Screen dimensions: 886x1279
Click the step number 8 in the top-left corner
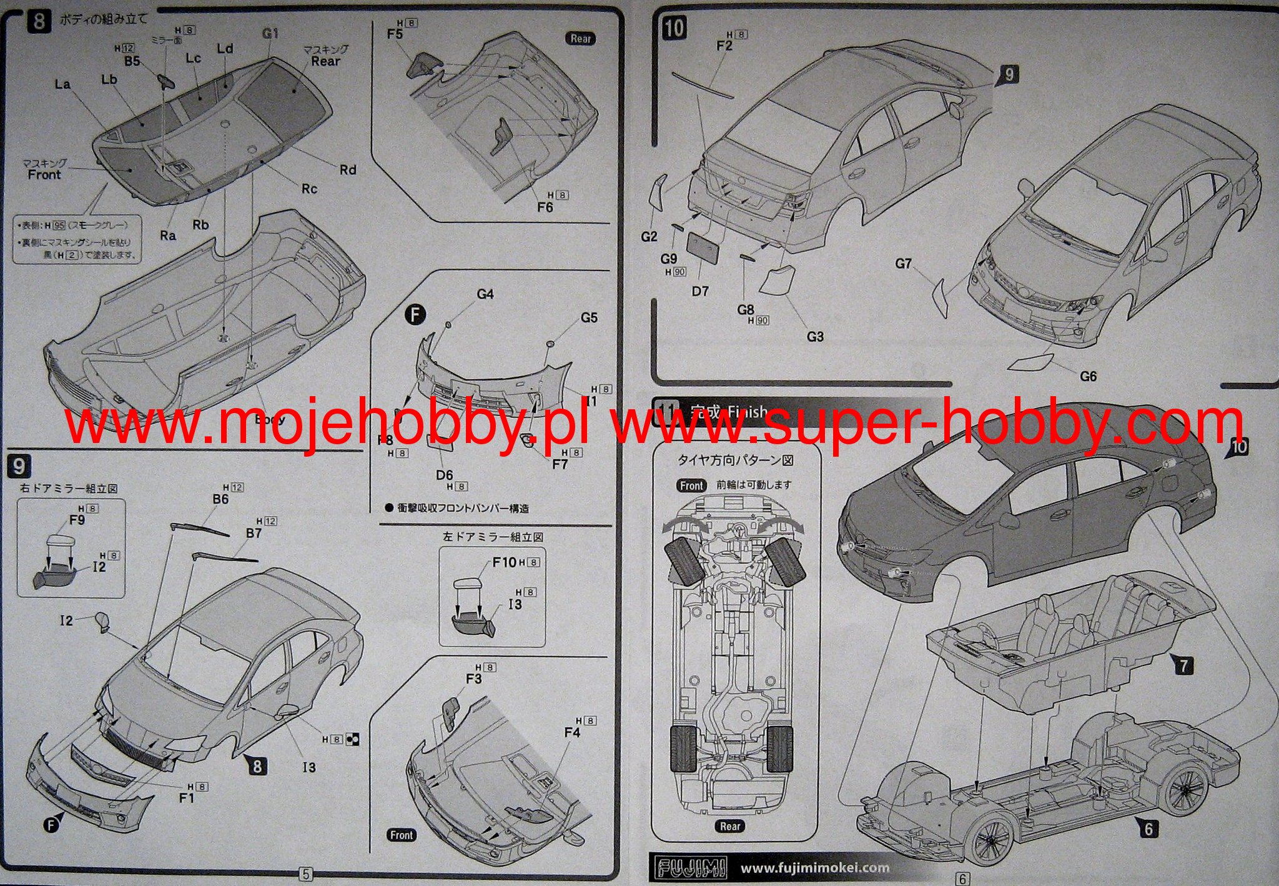click(x=39, y=22)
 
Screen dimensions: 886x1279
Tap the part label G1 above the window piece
click(x=270, y=33)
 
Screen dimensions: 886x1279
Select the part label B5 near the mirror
click(x=132, y=61)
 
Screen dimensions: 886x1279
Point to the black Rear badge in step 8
click(x=580, y=39)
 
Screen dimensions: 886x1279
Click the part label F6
click(x=545, y=207)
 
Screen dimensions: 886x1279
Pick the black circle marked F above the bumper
click(x=415, y=314)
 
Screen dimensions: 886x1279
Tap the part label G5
click(x=589, y=317)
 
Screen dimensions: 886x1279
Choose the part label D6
click(x=444, y=475)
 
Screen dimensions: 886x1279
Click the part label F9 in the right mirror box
click(x=77, y=520)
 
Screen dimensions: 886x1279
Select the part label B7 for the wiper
click(x=254, y=533)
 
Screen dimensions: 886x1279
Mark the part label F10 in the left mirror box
click(x=504, y=562)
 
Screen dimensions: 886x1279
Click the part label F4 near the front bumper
click(x=572, y=732)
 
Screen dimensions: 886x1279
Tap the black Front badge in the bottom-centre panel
click(x=401, y=835)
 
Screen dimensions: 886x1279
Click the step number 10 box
click(x=674, y=28)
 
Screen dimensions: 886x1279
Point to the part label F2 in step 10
click(x=724, y=46)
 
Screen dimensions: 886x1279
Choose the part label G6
click(x=1088, y=376)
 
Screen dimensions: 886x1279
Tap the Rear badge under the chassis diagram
click(x=729, y=826)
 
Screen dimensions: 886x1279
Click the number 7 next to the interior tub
click(x=1183, y=665)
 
